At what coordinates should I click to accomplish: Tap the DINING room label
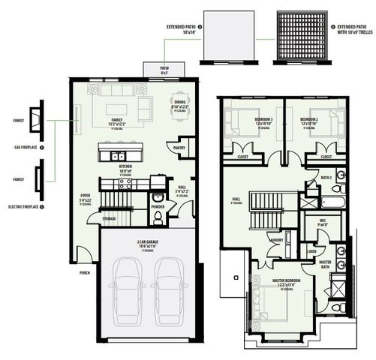pos(179,104)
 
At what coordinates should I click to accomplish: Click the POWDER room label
pos(158,205)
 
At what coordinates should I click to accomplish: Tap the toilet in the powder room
pos(157,217)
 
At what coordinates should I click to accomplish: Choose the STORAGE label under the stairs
pos(110,219)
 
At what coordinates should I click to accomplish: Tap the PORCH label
pos(84,273)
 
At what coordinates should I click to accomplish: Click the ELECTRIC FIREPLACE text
pos(20,205)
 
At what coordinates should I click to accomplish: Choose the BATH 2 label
pos(326,177)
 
